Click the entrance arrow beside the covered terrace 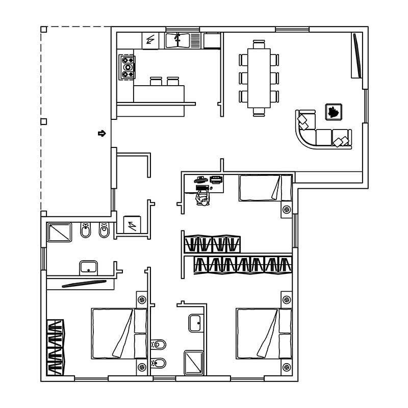(x=101, y=134)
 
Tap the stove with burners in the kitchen (x=127, y=67)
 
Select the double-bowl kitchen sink (x=177, y=40)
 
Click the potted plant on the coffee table (x=334, y=111)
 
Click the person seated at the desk (x=203, y=199)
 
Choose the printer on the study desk (x=216, y=179)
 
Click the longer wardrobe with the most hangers (x=243, y=264)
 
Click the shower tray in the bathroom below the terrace (x=61, y=233)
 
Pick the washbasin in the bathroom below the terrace (x=88, y=267)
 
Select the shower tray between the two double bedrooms (x=194, y=362)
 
